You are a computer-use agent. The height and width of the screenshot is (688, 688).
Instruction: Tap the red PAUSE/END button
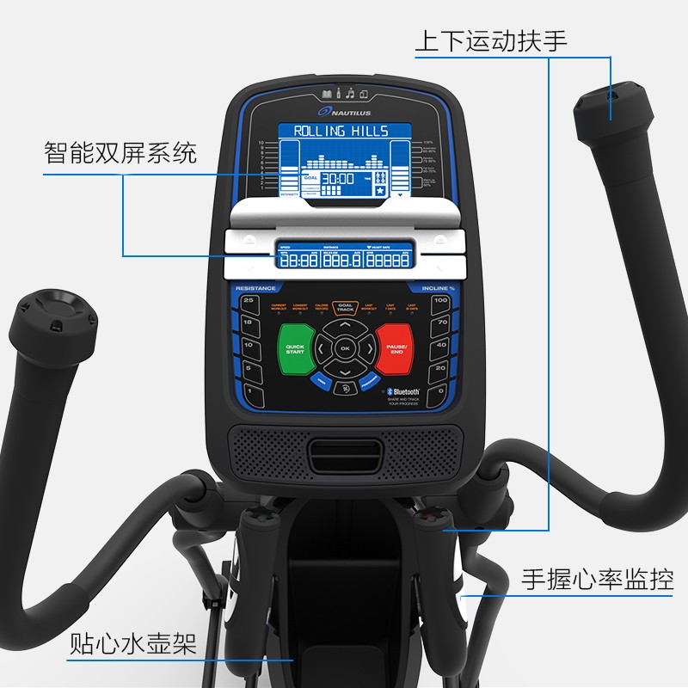coord(396,350)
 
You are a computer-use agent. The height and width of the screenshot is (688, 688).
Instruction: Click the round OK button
coord(345,348)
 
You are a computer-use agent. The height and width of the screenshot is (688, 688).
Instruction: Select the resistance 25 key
coord(249,301)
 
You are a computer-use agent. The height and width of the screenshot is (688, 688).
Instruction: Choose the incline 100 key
coord(440,301)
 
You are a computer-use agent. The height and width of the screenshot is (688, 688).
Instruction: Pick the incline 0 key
coord(440,390)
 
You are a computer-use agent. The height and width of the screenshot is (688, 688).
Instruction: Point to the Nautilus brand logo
coord(345,110)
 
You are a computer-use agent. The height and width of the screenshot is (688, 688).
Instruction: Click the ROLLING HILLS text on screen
coord(341,132)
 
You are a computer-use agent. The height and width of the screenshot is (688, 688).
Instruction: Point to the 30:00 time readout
coord(338,179)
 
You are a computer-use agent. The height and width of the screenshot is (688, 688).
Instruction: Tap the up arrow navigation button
coord(345,327)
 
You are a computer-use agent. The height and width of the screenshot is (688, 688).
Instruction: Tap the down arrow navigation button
coord(345,371)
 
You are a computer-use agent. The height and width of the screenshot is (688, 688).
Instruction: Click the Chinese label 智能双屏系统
coord(120,154)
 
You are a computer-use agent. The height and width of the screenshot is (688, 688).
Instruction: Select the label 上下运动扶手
coord(491,40)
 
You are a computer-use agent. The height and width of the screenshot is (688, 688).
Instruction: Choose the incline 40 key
coord(440,346)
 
